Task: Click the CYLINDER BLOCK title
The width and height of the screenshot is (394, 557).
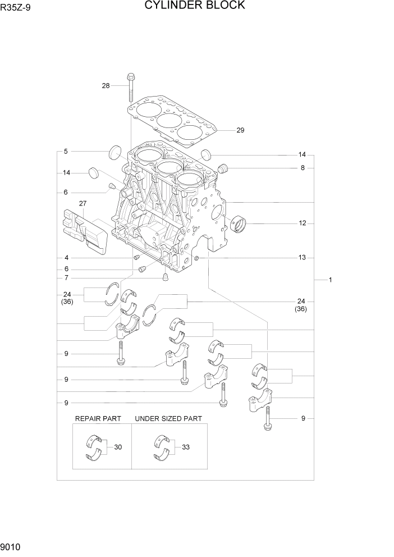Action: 194,6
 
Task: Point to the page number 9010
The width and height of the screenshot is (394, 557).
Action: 12,546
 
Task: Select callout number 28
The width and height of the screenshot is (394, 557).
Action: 106,85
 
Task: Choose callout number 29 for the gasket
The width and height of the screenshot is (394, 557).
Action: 240,130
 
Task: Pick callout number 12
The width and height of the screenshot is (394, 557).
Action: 302,223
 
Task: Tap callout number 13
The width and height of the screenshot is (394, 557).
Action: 302,258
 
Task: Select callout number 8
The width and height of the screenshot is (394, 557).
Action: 302,167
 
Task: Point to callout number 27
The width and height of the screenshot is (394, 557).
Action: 83,203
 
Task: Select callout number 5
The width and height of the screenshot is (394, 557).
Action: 66,152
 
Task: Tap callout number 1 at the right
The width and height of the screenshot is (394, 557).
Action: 331,280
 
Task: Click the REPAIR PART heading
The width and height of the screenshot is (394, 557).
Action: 98,419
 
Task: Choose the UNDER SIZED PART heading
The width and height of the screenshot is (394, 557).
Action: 168,419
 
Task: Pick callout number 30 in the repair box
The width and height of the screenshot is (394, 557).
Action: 118,447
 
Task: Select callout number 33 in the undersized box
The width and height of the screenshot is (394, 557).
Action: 186,447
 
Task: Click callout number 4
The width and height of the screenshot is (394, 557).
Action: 66,258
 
